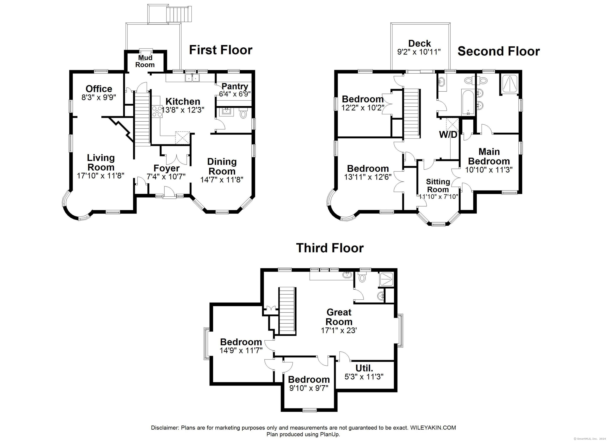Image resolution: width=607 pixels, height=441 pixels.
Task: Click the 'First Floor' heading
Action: tap(221, 50)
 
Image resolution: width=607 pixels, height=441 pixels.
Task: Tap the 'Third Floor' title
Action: tap(330, 248)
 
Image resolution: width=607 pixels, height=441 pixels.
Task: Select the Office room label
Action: tap(99, 88)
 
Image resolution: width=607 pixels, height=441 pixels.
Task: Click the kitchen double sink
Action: tap(192, 78)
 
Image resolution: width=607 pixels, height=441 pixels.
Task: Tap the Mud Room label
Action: tap(145, 61)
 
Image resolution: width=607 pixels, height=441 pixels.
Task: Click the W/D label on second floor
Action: tap(448, 135)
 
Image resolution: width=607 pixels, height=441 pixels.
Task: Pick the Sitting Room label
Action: tap(438, 186)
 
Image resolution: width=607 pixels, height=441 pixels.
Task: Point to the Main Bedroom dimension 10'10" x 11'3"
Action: tap(489, 170)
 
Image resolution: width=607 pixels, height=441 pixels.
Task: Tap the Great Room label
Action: tap(339, 317)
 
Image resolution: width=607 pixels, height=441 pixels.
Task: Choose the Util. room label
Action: tap(364, 368)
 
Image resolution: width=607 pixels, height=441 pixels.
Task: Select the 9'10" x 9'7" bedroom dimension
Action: tap(309, 388)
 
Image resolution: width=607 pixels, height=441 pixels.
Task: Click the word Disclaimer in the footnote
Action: tap(165, 428)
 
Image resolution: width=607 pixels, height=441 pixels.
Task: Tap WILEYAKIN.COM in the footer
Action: tap(433, 428)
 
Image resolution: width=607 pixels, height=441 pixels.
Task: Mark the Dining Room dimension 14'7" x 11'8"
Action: tap(222, 179)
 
